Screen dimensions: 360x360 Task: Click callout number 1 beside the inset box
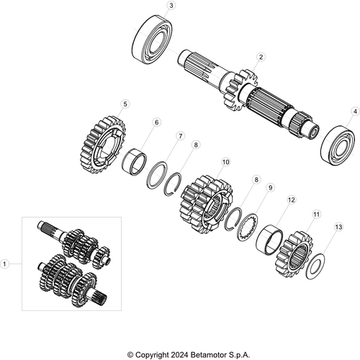(7, 264)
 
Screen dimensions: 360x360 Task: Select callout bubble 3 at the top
(170, 6)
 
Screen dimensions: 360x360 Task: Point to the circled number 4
(354, 112)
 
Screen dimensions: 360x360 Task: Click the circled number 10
(156, 123)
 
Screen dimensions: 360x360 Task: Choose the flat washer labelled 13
(315, 266)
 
